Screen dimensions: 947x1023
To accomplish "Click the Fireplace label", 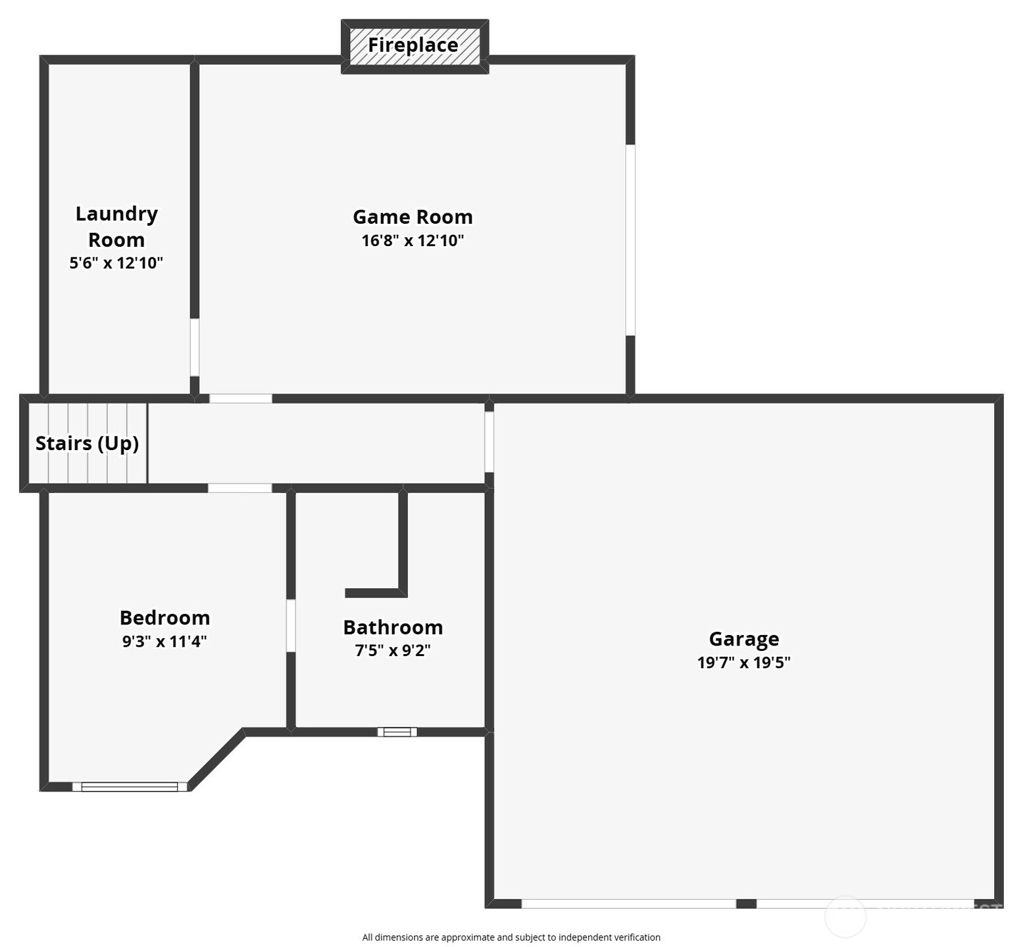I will tap(412, 45).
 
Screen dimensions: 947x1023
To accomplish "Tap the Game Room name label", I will tap(412, 217).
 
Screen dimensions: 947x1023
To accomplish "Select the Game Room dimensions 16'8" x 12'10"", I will tap(412, 240).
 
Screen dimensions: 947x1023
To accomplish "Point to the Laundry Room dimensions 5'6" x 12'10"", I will tap(116, 263).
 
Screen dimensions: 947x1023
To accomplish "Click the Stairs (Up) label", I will tap(87, 443).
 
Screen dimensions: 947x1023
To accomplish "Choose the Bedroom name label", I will tap(164, 617).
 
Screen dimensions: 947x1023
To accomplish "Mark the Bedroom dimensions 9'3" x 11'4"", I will tap(164, 641).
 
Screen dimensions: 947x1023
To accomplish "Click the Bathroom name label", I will tap(393, 627).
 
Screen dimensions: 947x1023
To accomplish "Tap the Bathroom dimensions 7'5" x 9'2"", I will tap(393, 651).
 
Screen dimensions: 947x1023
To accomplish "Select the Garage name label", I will tap(743, 638).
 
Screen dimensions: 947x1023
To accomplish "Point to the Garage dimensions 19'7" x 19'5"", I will tap(743, 662).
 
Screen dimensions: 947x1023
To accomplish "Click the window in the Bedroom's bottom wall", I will tap(130, 786).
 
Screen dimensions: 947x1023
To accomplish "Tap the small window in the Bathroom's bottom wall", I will tap(397, 732).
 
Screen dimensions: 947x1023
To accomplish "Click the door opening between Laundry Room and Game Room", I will tap(195, 347).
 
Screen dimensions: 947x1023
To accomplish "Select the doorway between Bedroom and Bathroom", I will tap(291, 625).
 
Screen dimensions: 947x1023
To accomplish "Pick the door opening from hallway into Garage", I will tap(489, 441).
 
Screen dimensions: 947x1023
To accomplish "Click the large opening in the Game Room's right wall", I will tap(630, 240).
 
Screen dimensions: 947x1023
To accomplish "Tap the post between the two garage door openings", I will tap(746, 904).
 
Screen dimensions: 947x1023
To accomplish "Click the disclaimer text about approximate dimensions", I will tap(511, 937).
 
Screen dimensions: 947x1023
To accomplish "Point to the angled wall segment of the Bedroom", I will tap(217, 760).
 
